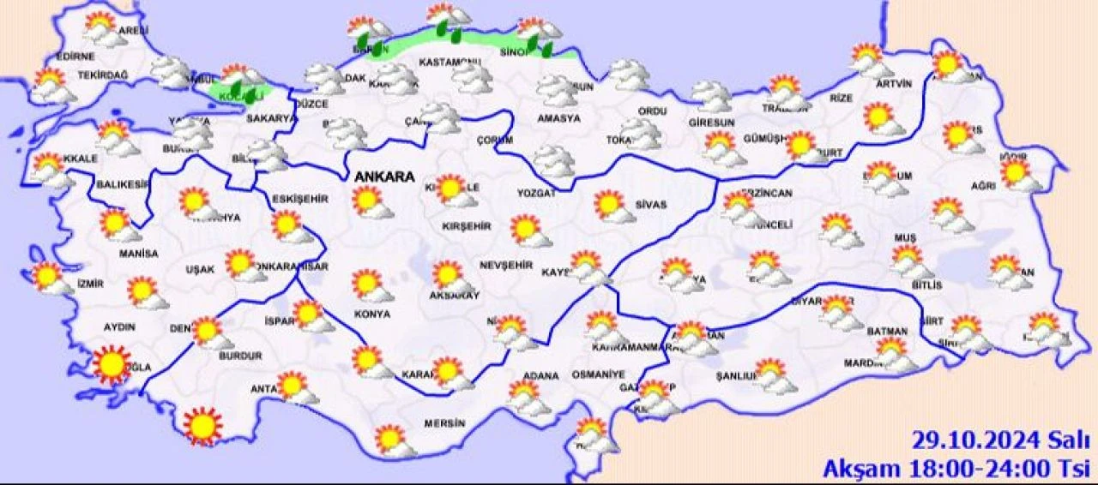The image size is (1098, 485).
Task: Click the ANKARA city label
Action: [x=383, y=177]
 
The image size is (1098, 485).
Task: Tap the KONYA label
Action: [x=371, y=314]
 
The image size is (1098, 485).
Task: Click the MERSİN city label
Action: [x=444, y=423]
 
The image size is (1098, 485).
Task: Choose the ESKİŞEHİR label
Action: [x=300, y=199]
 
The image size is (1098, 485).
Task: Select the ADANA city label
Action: [x=540, y=376]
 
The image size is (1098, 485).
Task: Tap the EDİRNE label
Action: [x=75, y=57]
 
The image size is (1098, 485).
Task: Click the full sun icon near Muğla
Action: [x=112, y=364]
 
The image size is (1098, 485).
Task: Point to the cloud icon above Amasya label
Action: [x=556, y=89]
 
